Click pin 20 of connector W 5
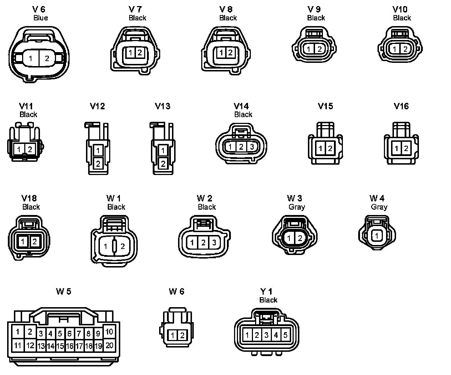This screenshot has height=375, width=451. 109,345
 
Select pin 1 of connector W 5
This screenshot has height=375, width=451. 17,332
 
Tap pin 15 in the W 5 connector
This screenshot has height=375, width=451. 60,346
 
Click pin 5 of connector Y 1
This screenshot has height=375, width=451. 285,335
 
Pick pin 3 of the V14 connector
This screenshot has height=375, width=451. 252,146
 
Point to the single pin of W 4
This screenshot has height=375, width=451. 376,236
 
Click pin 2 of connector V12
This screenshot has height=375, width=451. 98,164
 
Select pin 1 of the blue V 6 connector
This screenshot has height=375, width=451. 31,58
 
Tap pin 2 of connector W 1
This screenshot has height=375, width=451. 122,246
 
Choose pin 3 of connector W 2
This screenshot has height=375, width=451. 214,243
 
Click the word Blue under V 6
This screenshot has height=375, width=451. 40,18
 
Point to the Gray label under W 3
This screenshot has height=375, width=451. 297,207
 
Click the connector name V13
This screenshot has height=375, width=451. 162,106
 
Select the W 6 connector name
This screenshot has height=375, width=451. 176,291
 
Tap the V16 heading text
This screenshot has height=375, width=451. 401,106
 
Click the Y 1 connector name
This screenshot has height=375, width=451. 266,291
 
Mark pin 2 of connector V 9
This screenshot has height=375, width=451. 319,49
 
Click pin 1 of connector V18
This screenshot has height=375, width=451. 22,241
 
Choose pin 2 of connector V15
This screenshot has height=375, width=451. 330,148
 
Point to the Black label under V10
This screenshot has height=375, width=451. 402,18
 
